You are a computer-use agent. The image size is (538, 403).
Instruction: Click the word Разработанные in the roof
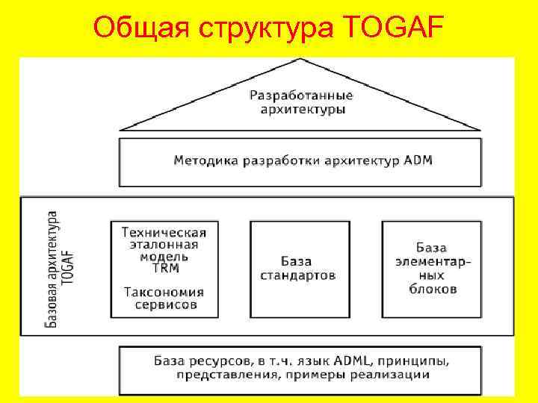pyautogui.click(x=301, y=96)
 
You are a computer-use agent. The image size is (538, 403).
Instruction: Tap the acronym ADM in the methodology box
pyautogui.click(x=418, y=160)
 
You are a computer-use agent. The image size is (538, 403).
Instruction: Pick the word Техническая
pyautogui.click(x=167, y=231)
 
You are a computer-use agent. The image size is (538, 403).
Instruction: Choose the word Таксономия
pyautogui.click(x=164, y=292)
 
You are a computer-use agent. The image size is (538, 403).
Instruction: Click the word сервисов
pyautogui.click(x=166, y=304)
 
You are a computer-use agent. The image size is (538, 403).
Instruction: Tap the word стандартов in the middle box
pyautogui.click(x=298, y=275)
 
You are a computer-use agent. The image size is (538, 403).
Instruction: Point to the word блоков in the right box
pyautogui.click(x=433, y=289)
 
